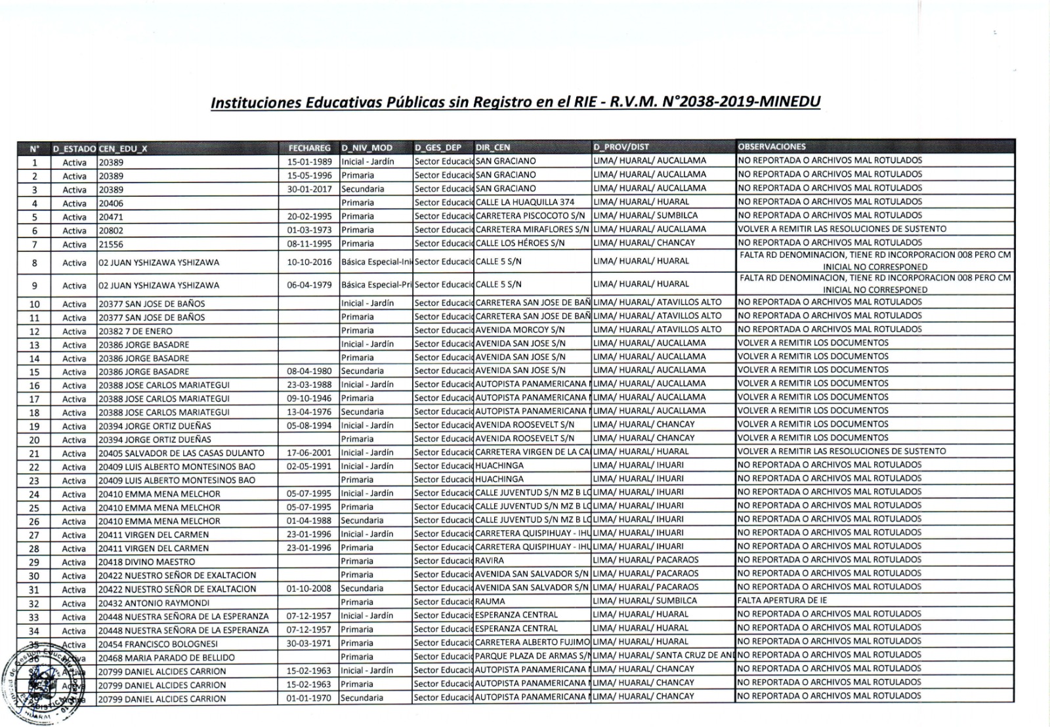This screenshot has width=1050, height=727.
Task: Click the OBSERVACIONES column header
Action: [772, 146]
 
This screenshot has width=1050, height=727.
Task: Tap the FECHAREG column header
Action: [309, 148]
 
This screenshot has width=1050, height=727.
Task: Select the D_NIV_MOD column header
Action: [366, 148]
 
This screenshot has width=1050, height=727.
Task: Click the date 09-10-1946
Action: [309, 398]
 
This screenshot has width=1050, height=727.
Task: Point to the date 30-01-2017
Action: [309, 189]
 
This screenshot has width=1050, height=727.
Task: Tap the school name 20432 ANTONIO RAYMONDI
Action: [154, 603]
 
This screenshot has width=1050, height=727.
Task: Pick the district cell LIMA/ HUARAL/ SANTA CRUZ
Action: [663, 655]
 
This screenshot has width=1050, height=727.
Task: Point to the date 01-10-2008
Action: [309, 589]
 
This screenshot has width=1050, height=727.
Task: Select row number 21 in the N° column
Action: [35, 453]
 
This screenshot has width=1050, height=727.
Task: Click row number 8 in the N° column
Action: [35, 263]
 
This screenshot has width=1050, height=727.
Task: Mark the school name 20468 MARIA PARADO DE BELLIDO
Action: [167, 657]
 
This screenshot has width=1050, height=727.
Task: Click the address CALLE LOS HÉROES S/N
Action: [520, 243]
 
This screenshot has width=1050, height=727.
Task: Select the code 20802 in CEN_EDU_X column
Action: [111, 230]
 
